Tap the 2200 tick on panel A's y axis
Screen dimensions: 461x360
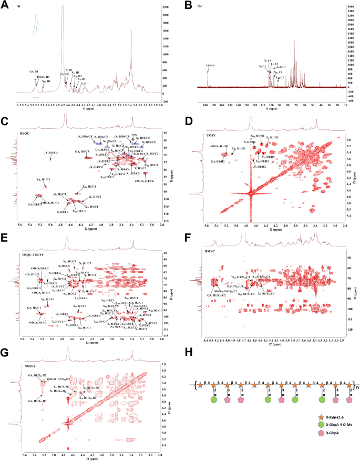tap(166, 7)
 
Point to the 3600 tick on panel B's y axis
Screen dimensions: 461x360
tap(351, 6)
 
